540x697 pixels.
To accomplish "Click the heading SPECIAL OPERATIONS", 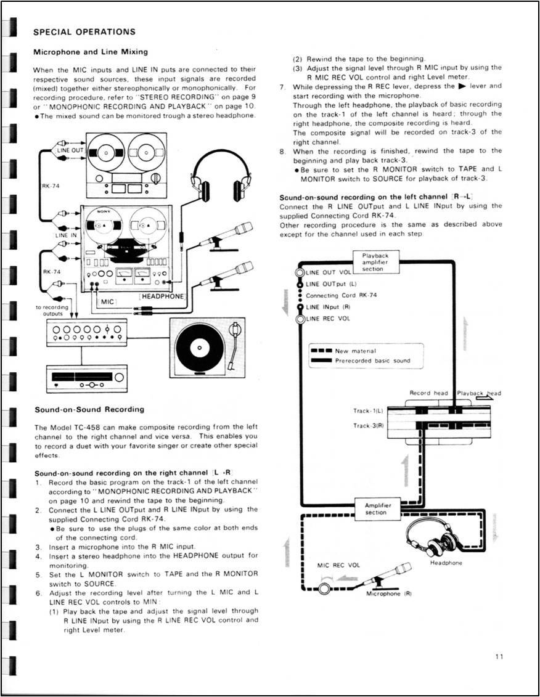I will (x=84, y=31).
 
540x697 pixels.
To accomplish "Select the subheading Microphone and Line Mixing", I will (x=90, y=51).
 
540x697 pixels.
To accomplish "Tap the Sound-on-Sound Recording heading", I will (x=89, y=409).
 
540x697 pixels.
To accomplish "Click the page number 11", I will (x=499, y=657).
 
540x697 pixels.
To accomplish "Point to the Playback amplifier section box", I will (x=376, y=262).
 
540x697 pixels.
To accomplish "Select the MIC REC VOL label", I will (x=338, y=565).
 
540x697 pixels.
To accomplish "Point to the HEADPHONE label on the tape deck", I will (x=163, y=296).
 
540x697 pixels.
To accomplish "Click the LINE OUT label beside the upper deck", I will (x=69, y=150).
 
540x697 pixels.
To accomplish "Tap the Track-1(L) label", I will (x=369, y=410).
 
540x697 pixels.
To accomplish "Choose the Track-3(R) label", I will (x=369, y=426).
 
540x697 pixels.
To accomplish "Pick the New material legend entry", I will (x=351, y=351).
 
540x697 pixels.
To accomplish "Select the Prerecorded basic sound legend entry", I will (x=372, y=361).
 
